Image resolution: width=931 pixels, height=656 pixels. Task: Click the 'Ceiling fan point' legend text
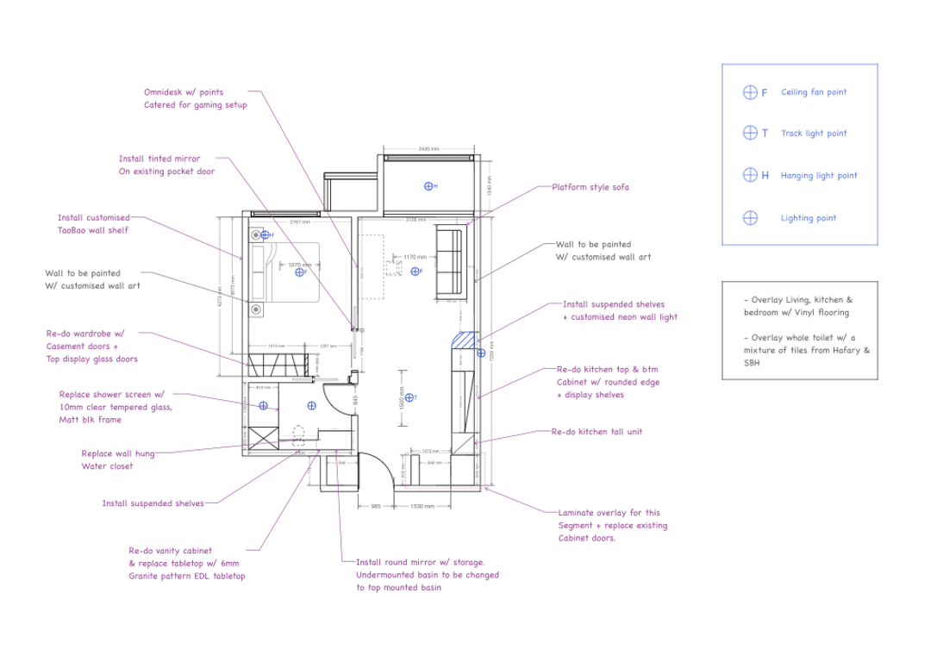[813, 92]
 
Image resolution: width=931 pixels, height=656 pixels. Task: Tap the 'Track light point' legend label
[813, 134]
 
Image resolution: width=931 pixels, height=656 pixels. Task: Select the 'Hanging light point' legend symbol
[750, 176]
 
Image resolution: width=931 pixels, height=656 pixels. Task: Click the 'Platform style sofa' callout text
[590, 187]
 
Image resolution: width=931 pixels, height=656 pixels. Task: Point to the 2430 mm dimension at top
[428, 148]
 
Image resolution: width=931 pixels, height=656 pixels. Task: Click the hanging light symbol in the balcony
[428, 185]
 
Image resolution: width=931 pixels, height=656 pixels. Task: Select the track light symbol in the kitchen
[411, 397]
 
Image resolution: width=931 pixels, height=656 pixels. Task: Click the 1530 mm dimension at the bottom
[421, 507]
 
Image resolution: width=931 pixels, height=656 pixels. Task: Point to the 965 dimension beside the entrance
[376, 507]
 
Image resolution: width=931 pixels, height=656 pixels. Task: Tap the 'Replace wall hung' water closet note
[118, 453]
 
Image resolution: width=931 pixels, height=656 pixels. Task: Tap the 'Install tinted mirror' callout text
[159, 159]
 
